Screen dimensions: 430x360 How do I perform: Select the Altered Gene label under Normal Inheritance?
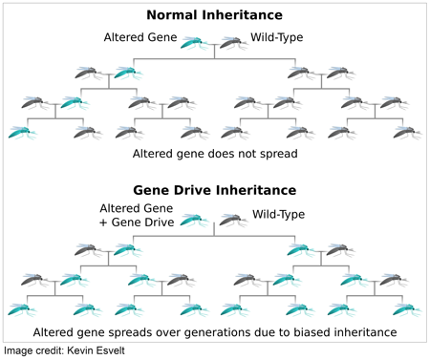140,38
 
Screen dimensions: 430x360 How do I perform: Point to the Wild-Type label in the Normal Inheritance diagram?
278,38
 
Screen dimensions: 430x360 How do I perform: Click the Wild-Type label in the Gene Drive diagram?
278,214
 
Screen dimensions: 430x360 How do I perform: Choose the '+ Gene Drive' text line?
138,222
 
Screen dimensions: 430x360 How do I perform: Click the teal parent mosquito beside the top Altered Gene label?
196,43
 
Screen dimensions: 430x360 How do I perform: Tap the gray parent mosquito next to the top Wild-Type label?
232,43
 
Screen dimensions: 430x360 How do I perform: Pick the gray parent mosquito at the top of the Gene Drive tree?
232,220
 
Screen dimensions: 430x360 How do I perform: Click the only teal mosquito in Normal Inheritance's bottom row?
21,133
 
